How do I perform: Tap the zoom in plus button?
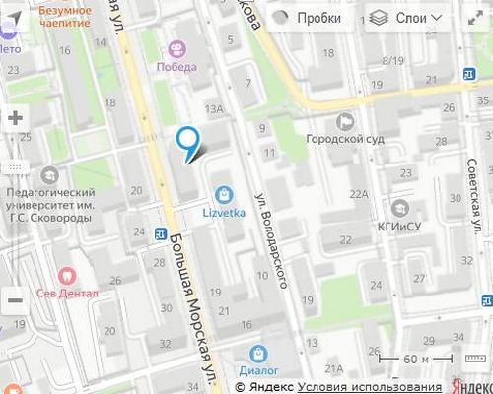(15, 117)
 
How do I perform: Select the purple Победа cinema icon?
(176, 48)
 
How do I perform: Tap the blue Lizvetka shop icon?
(226, 193)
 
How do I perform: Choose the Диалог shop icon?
(258, 353)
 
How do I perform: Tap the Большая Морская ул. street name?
(193, 315)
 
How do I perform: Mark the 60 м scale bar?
(409, 360)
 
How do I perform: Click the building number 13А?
(214, 109)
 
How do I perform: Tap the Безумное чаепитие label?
(65, 16)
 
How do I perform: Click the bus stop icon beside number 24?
(159, 233)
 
